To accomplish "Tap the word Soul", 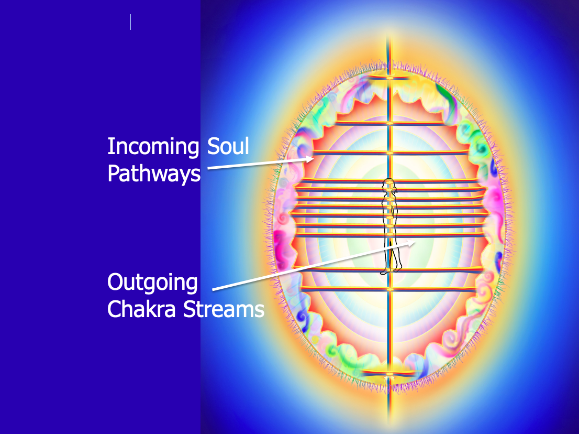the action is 228,146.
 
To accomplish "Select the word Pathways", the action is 154,173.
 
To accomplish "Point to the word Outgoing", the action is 152,283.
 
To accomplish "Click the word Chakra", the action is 141,309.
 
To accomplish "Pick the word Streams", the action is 224,309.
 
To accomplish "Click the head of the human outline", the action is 388,185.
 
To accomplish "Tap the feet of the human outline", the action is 391,271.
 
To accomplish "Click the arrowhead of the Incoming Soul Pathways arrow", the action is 309,159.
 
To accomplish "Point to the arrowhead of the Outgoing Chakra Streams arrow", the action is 411,243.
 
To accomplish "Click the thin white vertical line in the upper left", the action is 131,22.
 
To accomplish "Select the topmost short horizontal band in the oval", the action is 389,77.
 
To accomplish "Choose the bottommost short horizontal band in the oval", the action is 388,373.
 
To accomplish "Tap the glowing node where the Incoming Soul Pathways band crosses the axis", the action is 389,153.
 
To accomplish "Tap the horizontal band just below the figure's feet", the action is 389,289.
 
